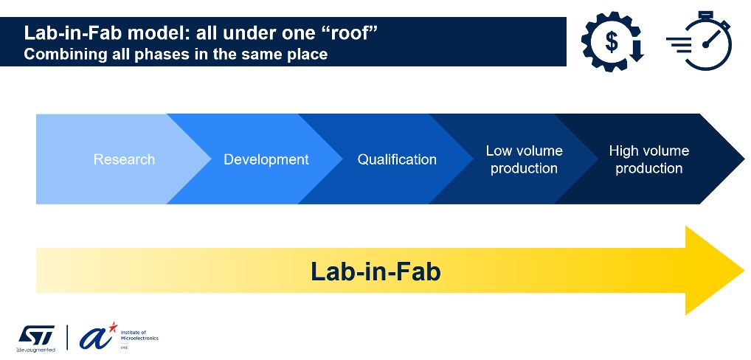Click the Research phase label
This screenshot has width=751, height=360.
[x=124, y=159]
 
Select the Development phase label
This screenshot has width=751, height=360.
[x=266, y=159]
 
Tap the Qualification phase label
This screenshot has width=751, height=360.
[x=397, y=159]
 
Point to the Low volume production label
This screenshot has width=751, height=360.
[x=524, y=159]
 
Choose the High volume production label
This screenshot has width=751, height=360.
[x=648, y=159]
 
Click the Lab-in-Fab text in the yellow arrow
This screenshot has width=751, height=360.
[x=375, y=271]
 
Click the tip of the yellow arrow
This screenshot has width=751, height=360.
[x=741, y=270]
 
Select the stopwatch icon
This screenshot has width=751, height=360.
[x=707, y=43]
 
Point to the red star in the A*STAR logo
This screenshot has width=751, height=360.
[x=112, y=325]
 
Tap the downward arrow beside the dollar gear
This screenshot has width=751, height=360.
[x=636, y=49]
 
